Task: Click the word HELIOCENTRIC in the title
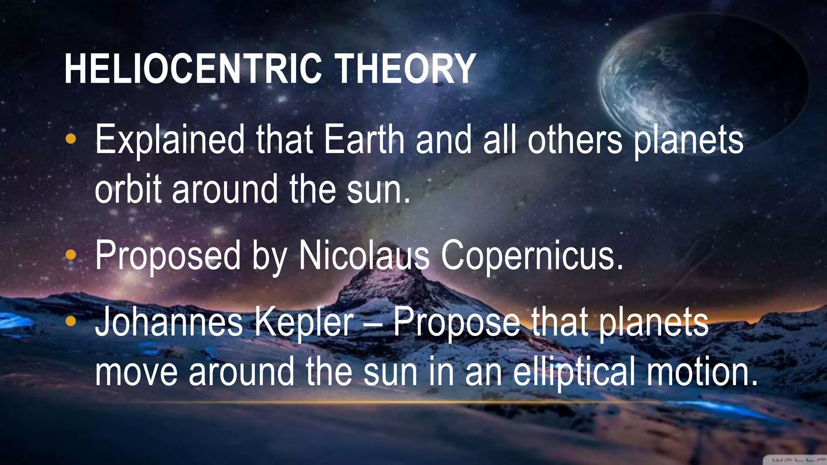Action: coord(193,69)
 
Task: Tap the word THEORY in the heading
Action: coord(405,69)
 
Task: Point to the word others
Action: coord(575,140)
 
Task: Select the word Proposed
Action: coord(168,256)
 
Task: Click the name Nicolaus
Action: coord(364,256)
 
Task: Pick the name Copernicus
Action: coord(532,256)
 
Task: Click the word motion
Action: coord(702,372)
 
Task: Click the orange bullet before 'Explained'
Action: coord(71,139)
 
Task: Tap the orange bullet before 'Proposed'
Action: coord(71,255)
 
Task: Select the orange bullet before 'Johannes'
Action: coord(71,321)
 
